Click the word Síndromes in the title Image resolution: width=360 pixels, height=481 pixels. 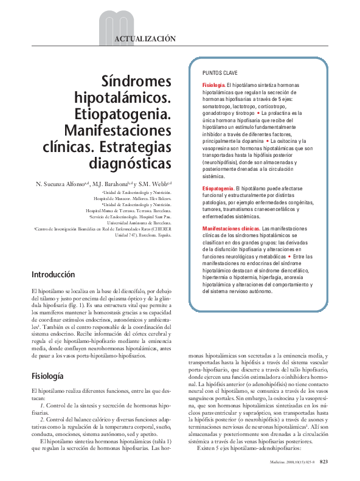tap(136, 82)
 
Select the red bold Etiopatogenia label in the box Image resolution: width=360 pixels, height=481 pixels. tap(218, 189)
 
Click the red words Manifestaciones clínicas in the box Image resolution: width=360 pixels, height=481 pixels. tap(230, 227)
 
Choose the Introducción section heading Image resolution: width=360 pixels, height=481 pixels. tap(54, 275)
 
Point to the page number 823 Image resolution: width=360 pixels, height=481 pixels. tap(325, 462)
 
